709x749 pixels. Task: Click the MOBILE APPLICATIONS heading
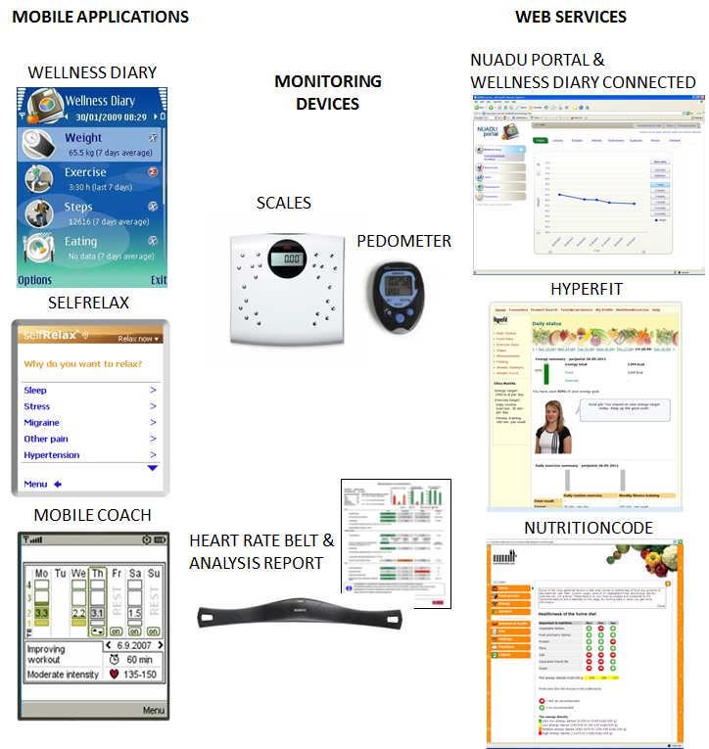[100, 17]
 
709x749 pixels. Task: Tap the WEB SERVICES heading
[570, 17]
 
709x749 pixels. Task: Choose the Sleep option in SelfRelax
[36, 390]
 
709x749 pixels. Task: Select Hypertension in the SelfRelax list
[51, 455]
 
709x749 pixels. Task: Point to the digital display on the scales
[291, 260]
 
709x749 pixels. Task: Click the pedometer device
[399, 298]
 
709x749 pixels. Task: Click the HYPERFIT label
[586, 290]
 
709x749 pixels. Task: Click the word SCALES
[283, 204]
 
